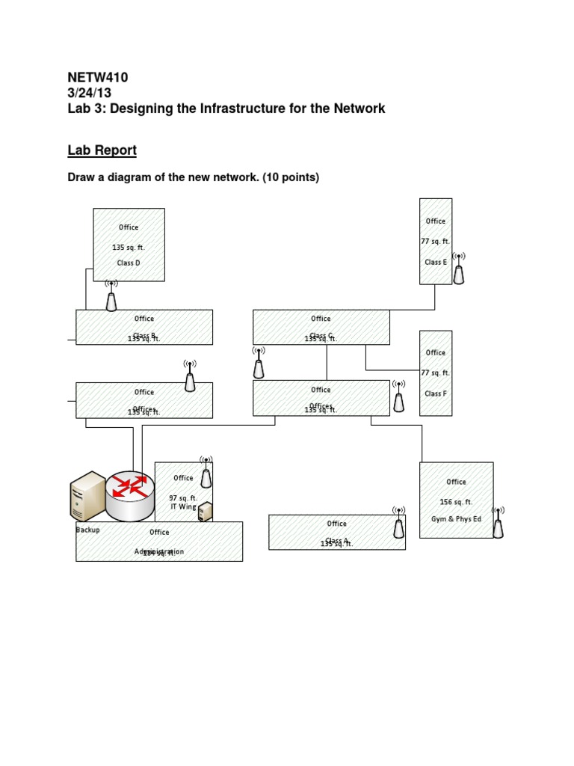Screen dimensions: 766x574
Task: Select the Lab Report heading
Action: pyautogui.click(x=102, y=150)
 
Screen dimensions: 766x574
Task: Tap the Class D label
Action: pyautogui.click(x=129, y=263)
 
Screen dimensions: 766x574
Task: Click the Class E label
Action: pyautogui.click(x=436, y=263)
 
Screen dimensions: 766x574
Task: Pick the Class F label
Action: pyautogui.click(x=436, y=393)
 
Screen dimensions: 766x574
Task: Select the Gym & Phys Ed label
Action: pyautogui.click(x=456, y=518)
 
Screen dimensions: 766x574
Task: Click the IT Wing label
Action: pyautogui.click(x=183, y=506)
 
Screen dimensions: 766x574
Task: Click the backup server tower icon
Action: pyautogui.click(x=87, y=497)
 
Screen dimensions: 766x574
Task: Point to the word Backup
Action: pyautogui.click(x=87, y=530)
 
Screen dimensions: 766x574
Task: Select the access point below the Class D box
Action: pyautogui.click(x=111, y=296)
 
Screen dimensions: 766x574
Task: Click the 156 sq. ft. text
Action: pyautogui.click(x=456, y=502)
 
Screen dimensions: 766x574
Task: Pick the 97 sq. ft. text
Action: pyautogui.click(x=183, y=497)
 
